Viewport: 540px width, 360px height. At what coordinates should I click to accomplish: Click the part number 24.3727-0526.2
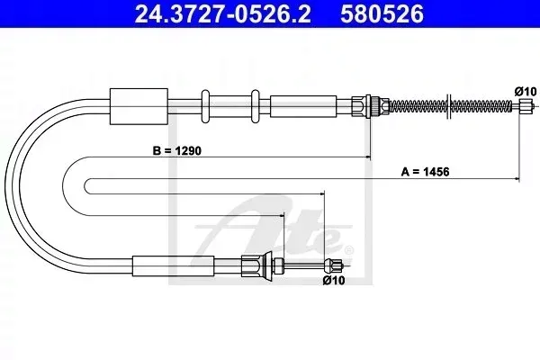coord(222,13)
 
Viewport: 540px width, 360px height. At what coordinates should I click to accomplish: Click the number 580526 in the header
coord(382,13)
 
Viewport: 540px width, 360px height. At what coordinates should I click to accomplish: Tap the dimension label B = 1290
coord(177,150)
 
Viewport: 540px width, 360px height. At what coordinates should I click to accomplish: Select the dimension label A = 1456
coord(425,171)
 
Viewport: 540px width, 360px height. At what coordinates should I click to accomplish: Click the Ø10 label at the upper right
coord(526,92)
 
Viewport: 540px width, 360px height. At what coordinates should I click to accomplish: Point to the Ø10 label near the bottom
coord(334,281)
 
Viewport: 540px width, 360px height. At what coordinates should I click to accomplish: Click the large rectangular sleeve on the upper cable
coord(139,106)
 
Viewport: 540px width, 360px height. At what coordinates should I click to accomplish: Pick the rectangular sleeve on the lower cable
coord(173,265)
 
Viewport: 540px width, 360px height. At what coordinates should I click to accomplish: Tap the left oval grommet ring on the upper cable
coord(205,106)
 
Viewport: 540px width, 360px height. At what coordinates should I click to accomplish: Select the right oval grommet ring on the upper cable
coord(256,106)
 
